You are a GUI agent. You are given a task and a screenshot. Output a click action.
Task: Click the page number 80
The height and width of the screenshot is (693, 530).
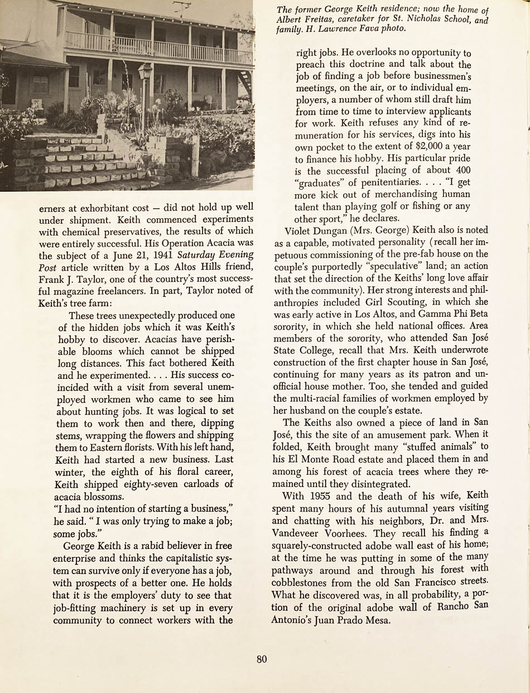tap(262, 659)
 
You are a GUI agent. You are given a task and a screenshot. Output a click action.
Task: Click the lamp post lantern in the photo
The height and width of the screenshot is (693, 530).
tap(144, 72)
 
